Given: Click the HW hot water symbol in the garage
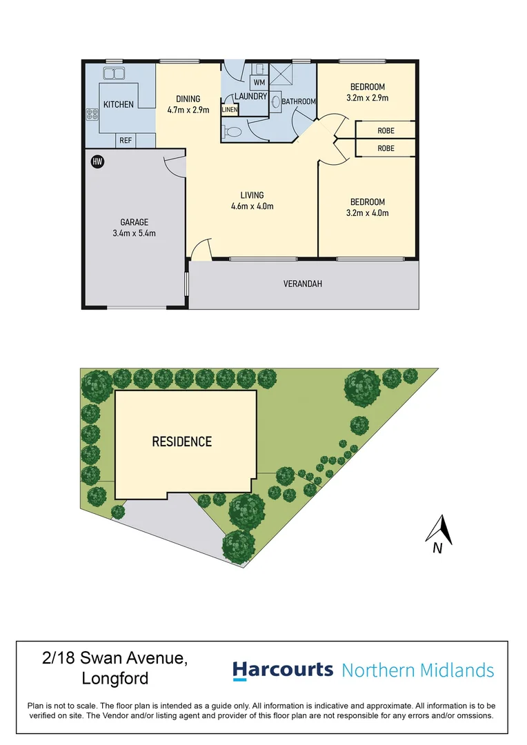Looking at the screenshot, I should tap(97, 161).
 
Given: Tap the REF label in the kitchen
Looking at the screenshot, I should tap(126, 141).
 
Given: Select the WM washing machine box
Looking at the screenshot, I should tap(259, 83).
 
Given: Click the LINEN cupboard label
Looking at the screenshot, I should tap(230, 110).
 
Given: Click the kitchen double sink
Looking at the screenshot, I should tap(113, 73).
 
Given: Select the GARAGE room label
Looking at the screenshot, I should tap(135, 222).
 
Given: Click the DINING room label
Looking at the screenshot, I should tap(188, 99).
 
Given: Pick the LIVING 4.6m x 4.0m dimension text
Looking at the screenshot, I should tap(252, 206).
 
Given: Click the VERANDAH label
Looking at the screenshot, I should tap(303, 284).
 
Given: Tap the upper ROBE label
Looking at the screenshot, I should tap(386, 130).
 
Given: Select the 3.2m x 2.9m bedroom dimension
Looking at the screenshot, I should tap(368, 98).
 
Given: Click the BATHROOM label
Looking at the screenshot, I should tap(299, 101).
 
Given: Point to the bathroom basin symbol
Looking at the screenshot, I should tap(276, 102).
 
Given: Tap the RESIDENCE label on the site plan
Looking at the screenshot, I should tap(181, 441).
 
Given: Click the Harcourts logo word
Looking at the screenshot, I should tap(282, 670).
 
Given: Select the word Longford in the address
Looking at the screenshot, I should tap(115, 678).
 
